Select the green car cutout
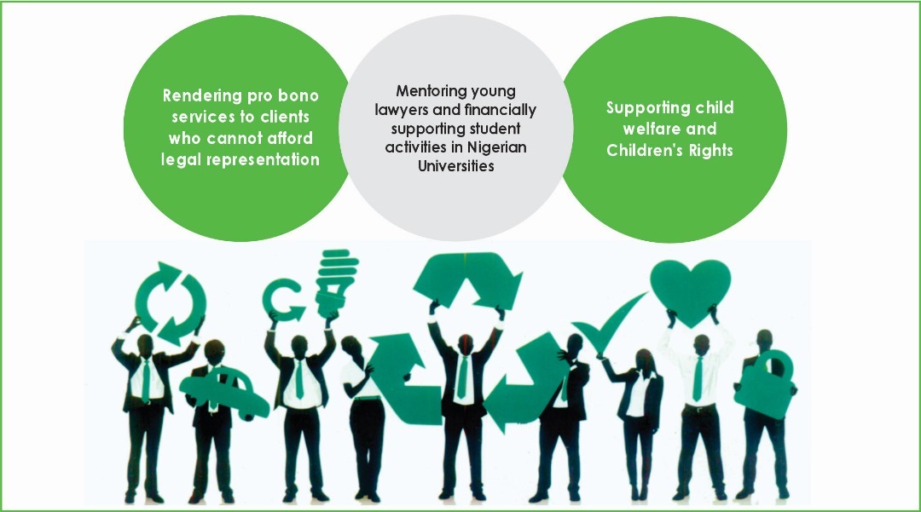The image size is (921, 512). tap(223, 394)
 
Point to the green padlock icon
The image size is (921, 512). tap(764, 386)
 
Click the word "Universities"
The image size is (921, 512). tap(455, 166)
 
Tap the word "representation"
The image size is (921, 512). tap(268, 159)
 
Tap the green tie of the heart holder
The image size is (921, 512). tap(698, 378)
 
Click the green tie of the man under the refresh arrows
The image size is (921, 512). tap(145, 380)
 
